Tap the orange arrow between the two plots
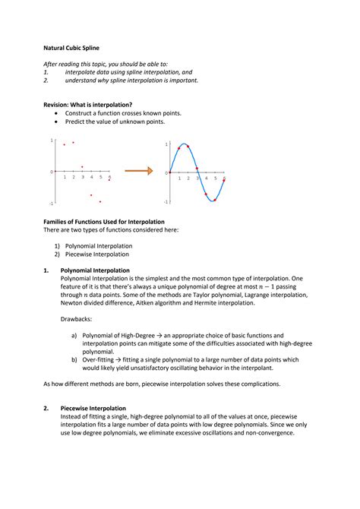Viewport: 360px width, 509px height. (137, 171)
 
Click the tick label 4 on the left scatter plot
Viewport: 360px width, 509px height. (91, 177)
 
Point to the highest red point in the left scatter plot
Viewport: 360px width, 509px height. (73, 142)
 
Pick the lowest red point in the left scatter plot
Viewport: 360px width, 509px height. (100, 201)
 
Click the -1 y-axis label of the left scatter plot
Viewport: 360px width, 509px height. (51, 204)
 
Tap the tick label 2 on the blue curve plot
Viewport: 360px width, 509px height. (188, 178)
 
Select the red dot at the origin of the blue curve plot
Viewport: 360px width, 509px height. (169, 172)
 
